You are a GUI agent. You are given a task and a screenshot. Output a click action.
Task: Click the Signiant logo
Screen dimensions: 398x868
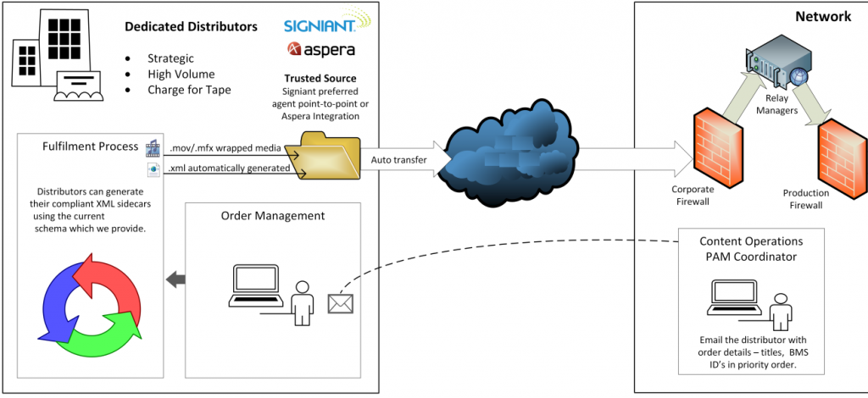tap(320, 23)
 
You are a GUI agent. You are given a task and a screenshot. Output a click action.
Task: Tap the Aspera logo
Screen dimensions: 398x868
tap(320, 51)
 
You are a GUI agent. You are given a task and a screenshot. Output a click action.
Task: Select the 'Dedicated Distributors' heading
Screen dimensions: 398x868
tap(191, 27)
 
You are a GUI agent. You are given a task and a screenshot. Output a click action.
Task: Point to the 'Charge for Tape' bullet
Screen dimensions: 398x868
tap(187, 90)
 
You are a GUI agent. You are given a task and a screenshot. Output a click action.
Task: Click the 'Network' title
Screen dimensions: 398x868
tap(822, 16)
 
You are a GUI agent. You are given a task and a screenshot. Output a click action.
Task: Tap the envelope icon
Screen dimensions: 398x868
tap(339, 301)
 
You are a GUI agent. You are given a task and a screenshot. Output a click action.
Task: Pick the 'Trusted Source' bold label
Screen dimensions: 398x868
tap(320, 79)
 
